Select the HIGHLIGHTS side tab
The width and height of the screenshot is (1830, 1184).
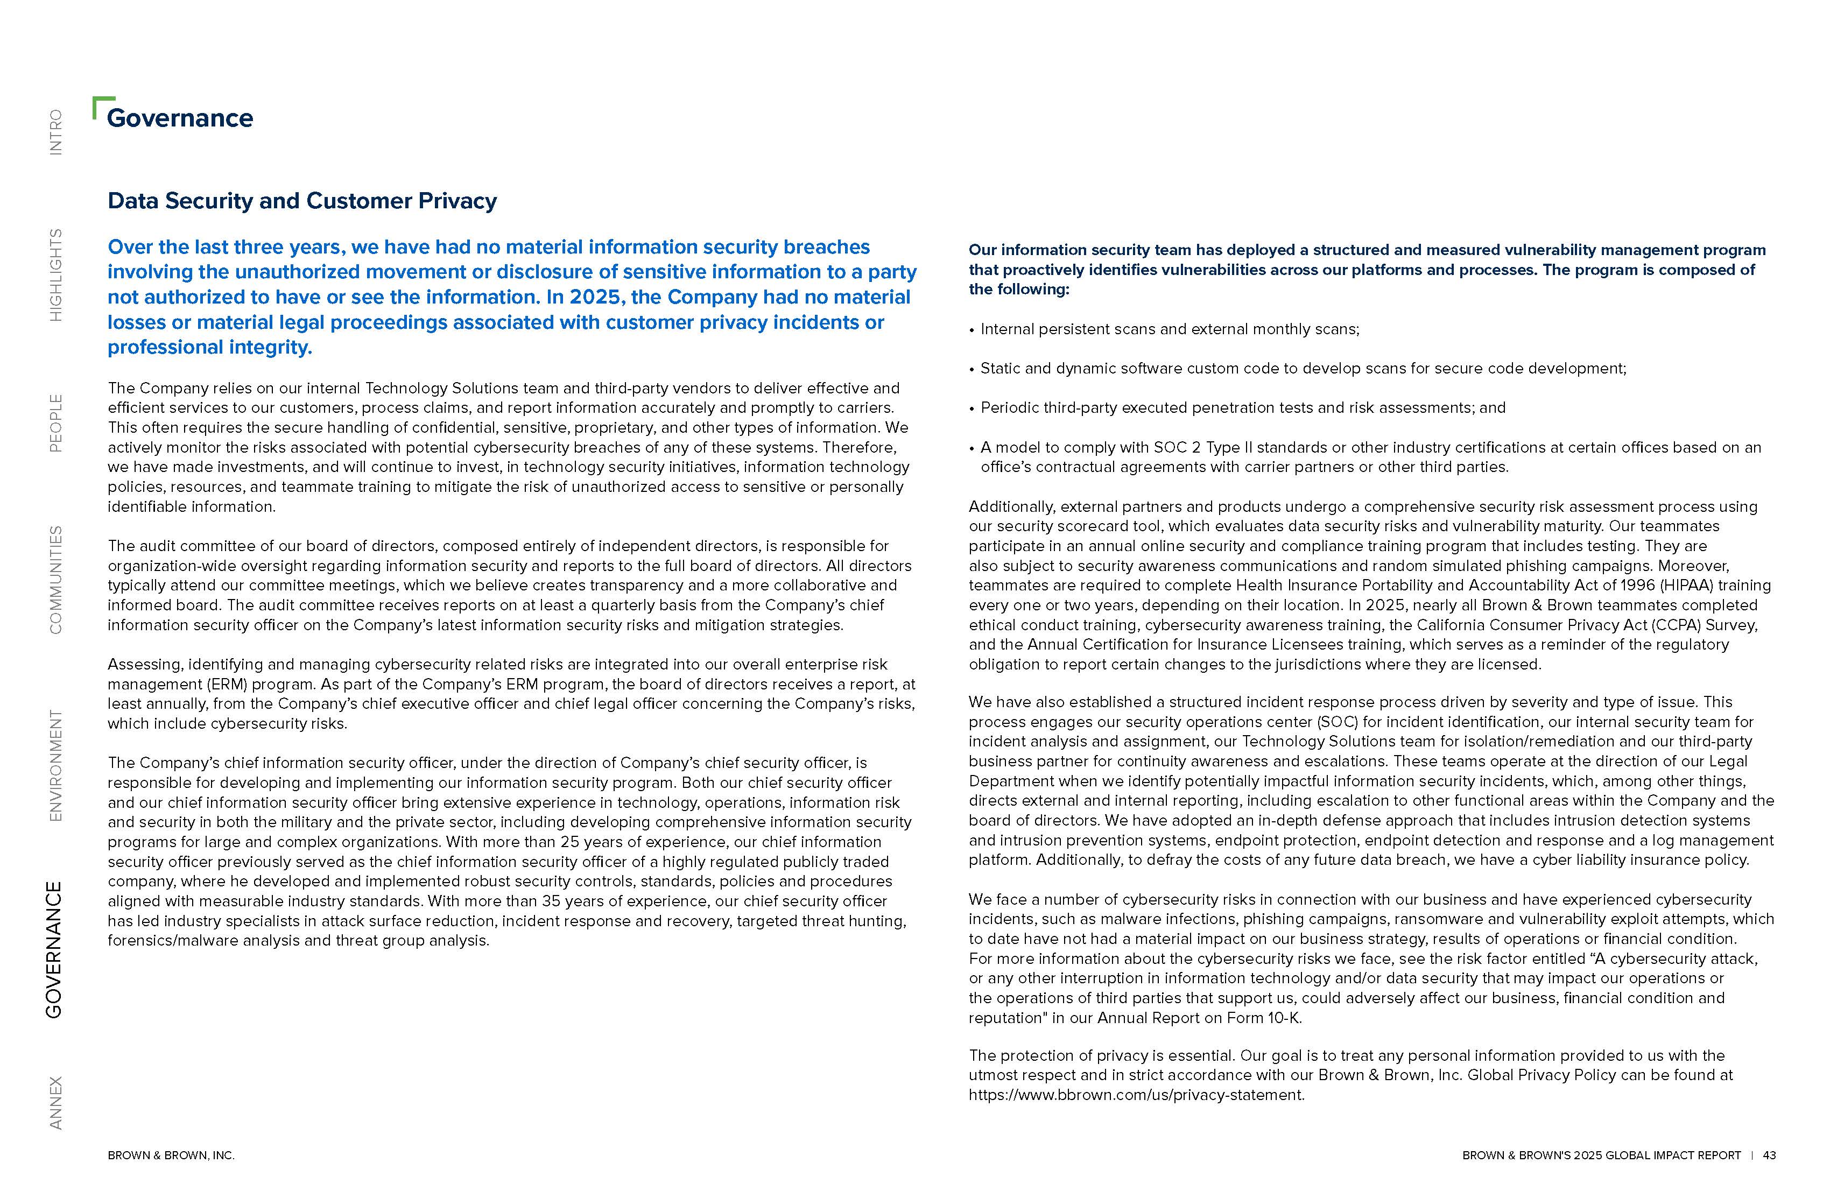[55, 274]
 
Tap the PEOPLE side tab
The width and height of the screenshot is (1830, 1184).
[55, 423]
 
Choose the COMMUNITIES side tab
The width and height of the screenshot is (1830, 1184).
[55, 580]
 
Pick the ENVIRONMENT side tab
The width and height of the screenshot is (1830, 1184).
[55, 765]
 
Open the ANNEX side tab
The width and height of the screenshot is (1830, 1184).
[55, 1103]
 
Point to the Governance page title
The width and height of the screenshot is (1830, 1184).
[180, 118]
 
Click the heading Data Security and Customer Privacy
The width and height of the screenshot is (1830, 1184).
[302, 201]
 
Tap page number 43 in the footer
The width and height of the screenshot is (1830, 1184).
[1769, 1155]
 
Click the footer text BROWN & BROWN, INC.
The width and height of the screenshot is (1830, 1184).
[171, 1155]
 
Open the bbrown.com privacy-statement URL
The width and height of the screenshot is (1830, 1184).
[1136, 1095]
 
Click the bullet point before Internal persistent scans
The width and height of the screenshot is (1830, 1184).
[972, 330]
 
